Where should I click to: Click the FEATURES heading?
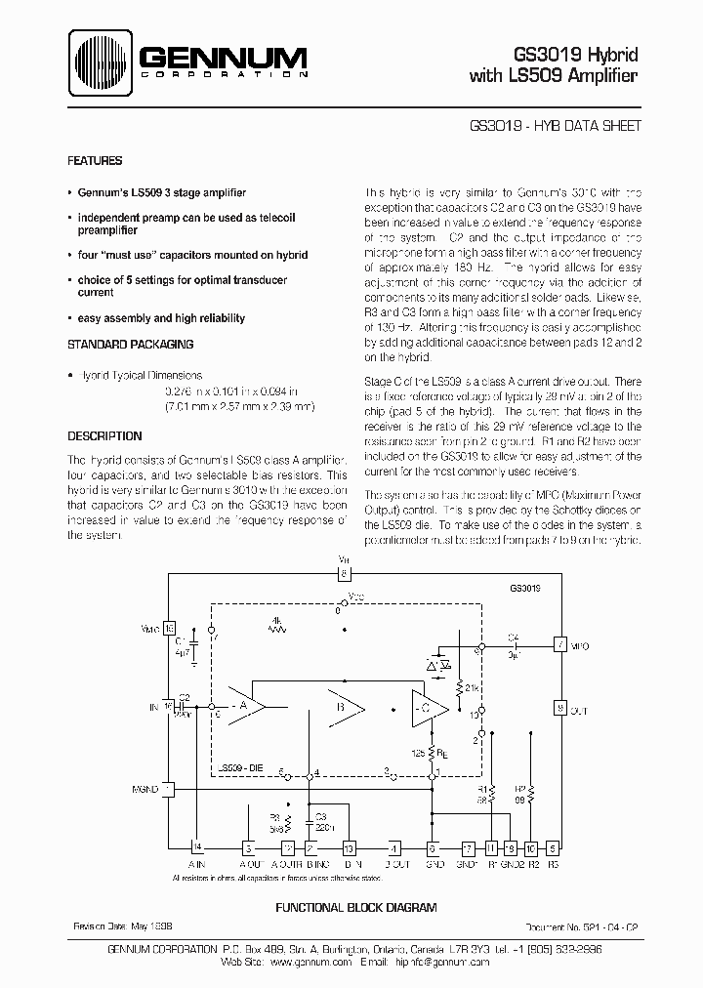pos(95,160)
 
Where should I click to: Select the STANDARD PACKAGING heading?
pos(130,344)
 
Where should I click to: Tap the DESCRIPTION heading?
pos(104,436)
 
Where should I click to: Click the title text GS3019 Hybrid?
pos(583,56)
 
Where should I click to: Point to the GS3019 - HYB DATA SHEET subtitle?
pos(554,127)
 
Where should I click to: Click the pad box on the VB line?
pos(345,575)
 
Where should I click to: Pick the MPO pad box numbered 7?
pos(559,645)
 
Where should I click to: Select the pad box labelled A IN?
pos(198,848)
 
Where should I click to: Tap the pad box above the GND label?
pos(433,848)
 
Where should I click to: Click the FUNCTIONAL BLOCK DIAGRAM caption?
pos(355,908)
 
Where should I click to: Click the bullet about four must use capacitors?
pos(191,255)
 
